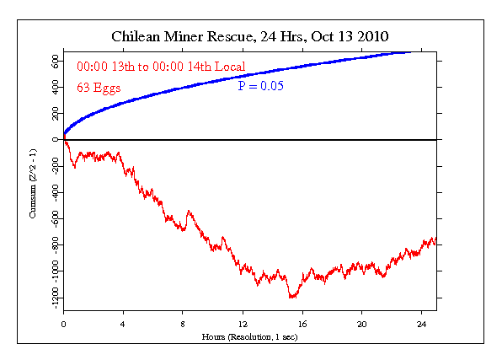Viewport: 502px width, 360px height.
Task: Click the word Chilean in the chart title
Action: [137, 37]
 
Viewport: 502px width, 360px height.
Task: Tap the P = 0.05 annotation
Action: [259, 87]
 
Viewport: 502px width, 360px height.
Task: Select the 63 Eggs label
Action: [99, 87]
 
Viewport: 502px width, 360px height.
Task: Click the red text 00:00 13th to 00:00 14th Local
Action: [160, 66]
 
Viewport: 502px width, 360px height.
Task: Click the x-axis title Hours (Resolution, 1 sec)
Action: [249, 336]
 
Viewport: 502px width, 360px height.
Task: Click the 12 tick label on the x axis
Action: [243, 323]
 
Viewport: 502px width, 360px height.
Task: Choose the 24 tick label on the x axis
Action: [422, 323]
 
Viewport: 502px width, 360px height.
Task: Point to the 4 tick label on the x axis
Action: [123, 323]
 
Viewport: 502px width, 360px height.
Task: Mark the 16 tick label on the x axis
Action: [302, 323]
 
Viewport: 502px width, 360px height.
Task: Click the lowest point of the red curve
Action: [291, 298]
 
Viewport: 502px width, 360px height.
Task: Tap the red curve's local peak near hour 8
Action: [188, 211]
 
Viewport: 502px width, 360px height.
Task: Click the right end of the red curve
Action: [435, 242]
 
